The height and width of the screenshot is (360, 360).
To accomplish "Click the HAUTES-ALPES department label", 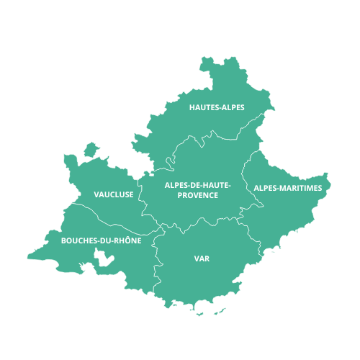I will tap(217, 107).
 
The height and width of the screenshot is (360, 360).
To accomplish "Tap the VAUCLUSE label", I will tap(114, 194).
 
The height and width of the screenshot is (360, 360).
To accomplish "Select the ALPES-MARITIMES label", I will tap(287, 188).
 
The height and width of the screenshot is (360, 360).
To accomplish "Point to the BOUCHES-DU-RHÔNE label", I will tap(102, 240).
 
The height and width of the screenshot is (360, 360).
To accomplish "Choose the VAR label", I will tap(202, 258).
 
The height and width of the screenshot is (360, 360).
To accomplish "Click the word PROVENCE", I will tap(197, 195).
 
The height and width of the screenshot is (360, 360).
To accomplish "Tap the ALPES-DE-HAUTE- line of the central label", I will tap(197, 185).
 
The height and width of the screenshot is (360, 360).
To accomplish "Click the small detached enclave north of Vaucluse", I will tap(91, 149).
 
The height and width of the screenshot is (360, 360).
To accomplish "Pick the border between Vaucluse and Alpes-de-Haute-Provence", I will tap(141, 194).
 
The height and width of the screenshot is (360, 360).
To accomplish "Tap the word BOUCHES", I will tap(77, 240).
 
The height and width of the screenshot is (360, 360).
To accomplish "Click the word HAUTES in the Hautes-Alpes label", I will tap(203, 107).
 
